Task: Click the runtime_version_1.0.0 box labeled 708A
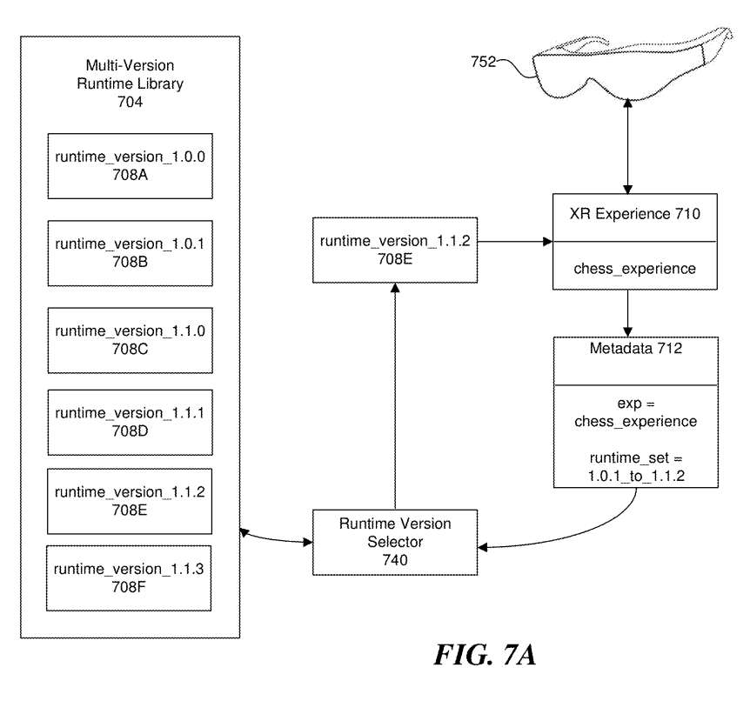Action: (130, 166)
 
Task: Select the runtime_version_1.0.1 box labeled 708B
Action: (130, 253)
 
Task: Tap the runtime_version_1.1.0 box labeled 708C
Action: (130, 340)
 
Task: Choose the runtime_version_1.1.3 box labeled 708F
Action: (129, 577)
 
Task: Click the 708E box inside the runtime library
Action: (130, 501)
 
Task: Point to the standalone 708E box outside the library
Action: (395, 250)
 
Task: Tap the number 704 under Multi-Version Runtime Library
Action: (130, 103)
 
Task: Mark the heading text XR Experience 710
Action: (634, 215)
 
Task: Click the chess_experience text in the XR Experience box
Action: (634, 269)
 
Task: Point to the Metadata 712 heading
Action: (634, 350)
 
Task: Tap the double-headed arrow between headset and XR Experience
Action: (628, 147)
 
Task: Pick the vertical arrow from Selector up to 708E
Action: (395, 400)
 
